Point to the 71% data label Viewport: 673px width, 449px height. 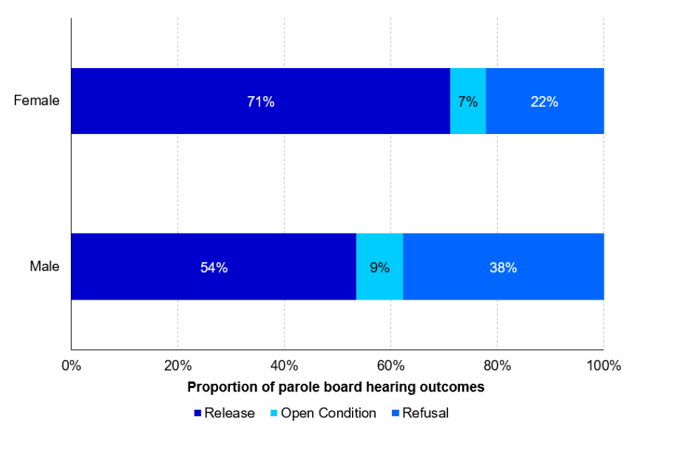260,102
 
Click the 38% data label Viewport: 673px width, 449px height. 503,267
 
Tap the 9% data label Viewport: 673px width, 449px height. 379,267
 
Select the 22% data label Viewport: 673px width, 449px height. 544,102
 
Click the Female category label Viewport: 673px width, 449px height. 36,100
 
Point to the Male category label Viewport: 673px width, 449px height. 44,267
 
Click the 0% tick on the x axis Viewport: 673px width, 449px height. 71,366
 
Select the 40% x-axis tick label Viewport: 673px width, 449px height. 284,366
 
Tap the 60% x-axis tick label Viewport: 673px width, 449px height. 390,366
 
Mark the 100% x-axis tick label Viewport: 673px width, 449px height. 604,366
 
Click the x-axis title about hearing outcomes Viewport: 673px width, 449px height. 336,387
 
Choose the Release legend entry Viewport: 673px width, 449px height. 224,413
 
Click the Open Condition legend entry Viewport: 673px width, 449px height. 322,413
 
